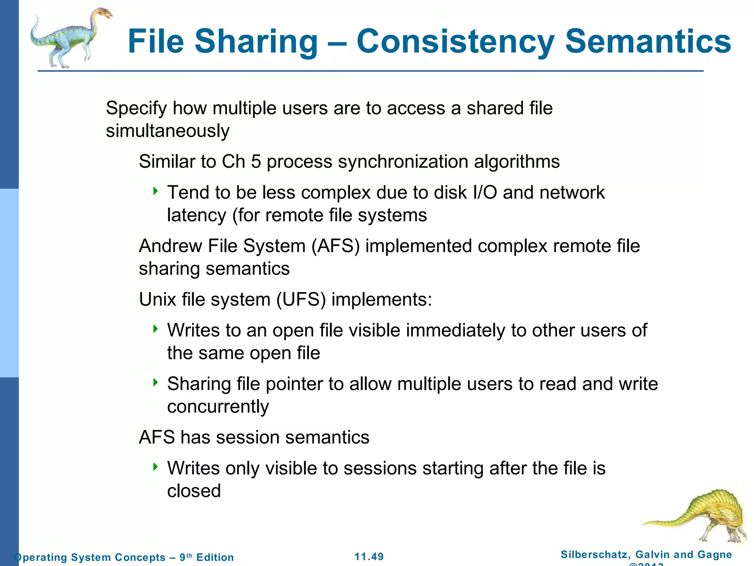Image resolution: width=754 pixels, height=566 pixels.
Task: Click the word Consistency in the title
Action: click(455, 41)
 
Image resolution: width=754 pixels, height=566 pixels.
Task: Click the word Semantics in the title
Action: click(648, 41)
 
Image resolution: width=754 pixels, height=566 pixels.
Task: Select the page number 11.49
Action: click(369, 556)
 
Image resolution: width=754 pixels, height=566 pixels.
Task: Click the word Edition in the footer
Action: click(215, 557)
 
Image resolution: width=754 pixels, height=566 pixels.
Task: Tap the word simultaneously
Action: click(168, 131)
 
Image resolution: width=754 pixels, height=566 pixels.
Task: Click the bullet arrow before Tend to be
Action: click(156, 191)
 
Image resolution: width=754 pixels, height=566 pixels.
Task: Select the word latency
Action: click(196, 215)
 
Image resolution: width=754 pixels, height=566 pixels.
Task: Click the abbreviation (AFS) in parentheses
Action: click(335, 246)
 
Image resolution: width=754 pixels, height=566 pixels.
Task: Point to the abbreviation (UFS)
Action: click(301, 299)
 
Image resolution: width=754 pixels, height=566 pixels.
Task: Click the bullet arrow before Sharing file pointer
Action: click(156, 382)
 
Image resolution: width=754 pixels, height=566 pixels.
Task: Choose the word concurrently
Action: click(218, 407)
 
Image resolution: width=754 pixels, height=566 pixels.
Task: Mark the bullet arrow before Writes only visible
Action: click(156, 467)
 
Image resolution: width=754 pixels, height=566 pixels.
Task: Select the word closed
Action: click(194, 491)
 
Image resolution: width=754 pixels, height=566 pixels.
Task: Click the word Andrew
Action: click(170, 246)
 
